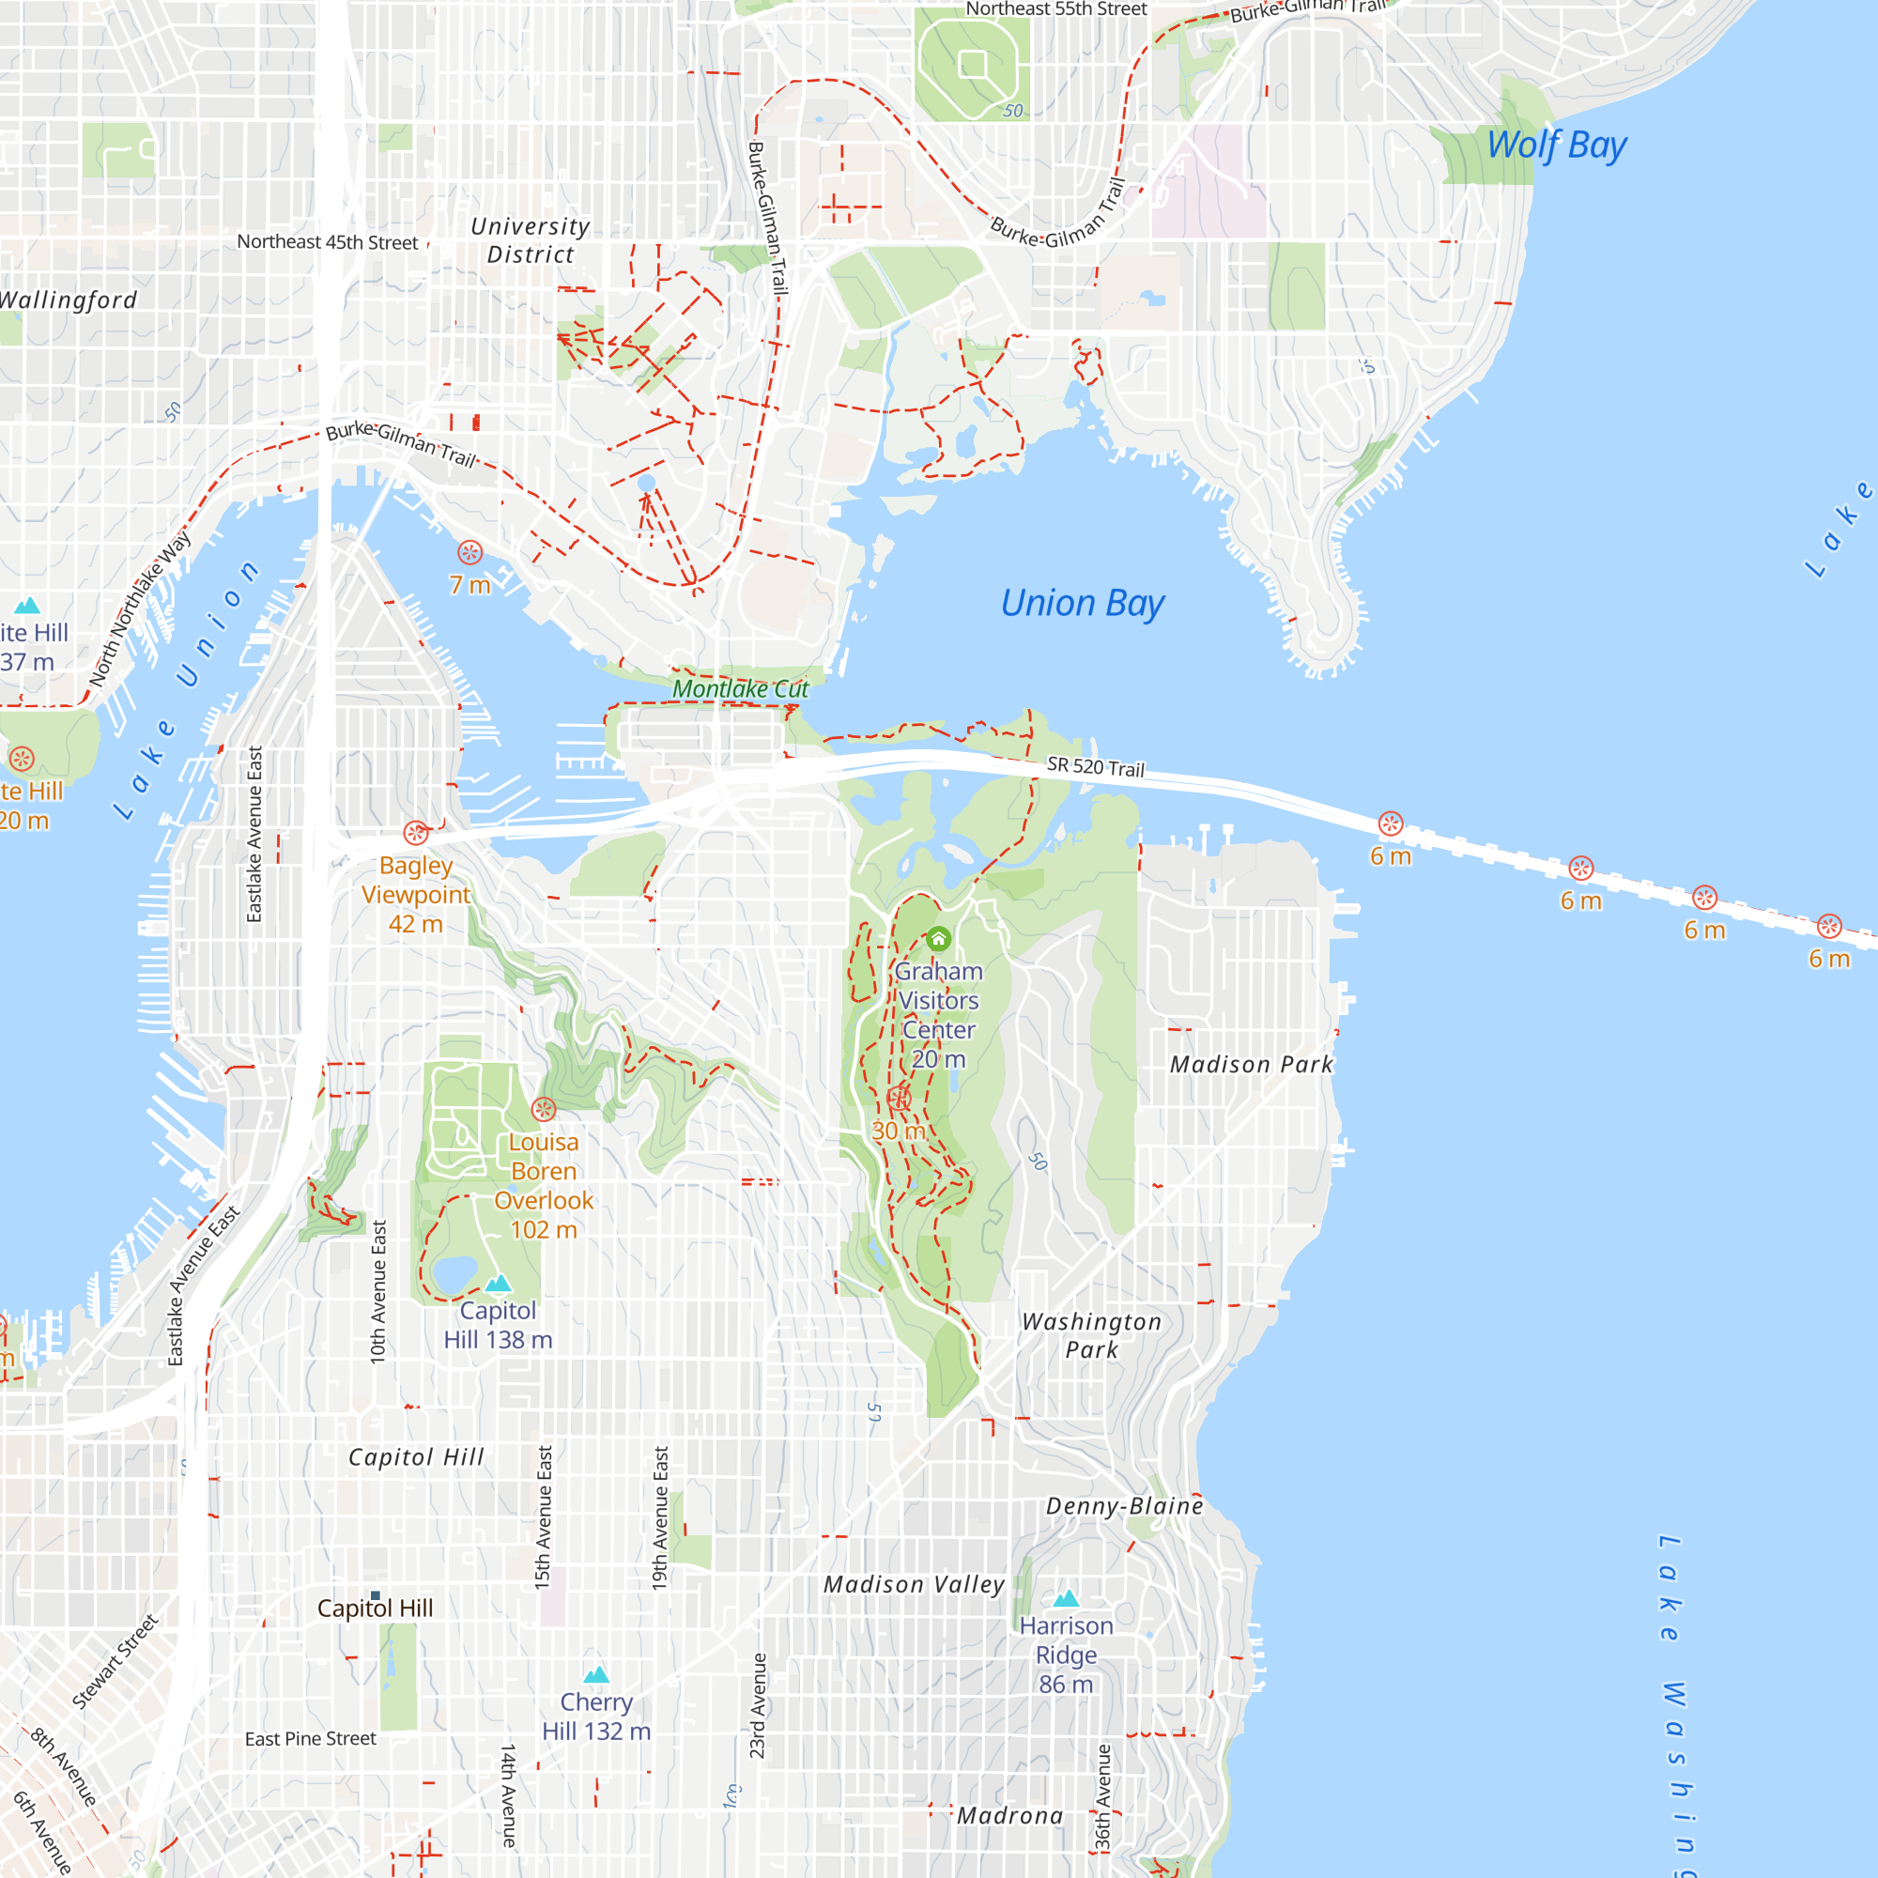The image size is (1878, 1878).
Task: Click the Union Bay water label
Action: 1082,604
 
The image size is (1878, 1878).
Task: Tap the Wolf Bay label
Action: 1556,145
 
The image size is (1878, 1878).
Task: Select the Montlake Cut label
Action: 741,689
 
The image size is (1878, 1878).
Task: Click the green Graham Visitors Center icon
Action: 938,939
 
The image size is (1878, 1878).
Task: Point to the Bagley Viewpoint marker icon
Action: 416,833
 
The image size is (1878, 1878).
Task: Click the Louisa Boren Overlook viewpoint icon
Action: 544,1109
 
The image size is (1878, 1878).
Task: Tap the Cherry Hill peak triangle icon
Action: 596,1674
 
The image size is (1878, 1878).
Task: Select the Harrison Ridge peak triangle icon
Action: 1067,1598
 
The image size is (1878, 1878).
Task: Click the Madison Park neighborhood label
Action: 1251,1065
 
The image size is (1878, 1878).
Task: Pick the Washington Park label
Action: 1092,1335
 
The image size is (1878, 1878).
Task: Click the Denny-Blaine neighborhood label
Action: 1125,1506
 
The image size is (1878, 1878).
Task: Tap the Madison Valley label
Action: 914,1584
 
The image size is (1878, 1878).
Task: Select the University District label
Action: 531,240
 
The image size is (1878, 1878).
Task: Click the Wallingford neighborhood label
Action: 68,300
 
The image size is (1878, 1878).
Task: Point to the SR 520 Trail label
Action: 1096,767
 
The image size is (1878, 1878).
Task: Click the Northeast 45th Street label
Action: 328,242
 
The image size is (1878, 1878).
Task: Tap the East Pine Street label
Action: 310,1739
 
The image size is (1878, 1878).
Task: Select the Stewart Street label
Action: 115,1662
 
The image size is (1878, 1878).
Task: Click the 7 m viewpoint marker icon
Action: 470,553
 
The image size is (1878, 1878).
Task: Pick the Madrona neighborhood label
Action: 1010,1816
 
